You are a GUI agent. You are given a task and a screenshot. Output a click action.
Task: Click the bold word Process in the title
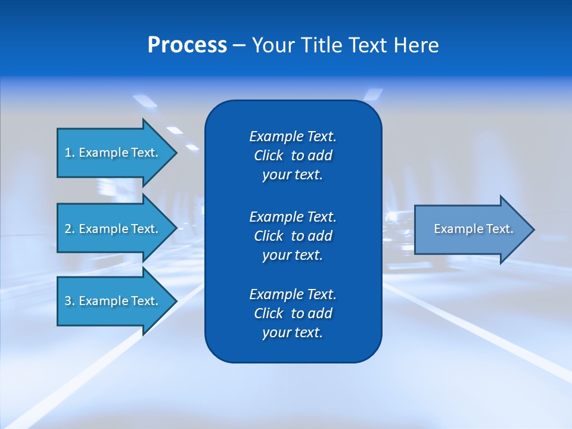coord(187,45)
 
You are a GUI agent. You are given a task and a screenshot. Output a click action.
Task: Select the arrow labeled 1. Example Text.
coord(113,153)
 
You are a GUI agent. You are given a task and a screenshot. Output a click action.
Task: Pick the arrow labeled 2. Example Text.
coord(113,229)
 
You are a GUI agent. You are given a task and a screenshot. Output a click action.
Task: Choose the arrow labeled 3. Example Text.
coord(113,301)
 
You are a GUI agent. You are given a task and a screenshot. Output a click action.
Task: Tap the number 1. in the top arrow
coord(69,153)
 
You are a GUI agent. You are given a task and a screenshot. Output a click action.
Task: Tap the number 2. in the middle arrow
coord(69,229)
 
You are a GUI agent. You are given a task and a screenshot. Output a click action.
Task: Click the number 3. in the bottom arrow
coord(69,301)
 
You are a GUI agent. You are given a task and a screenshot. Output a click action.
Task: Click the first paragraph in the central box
coord(293,156)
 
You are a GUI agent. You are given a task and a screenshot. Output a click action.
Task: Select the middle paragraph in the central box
coord(293,236)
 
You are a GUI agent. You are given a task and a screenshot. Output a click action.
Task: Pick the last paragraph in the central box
coord(293,313)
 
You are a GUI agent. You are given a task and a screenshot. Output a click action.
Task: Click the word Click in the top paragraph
coord(268,156)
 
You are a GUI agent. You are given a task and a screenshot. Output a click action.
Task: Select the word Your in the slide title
coord(271,45)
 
